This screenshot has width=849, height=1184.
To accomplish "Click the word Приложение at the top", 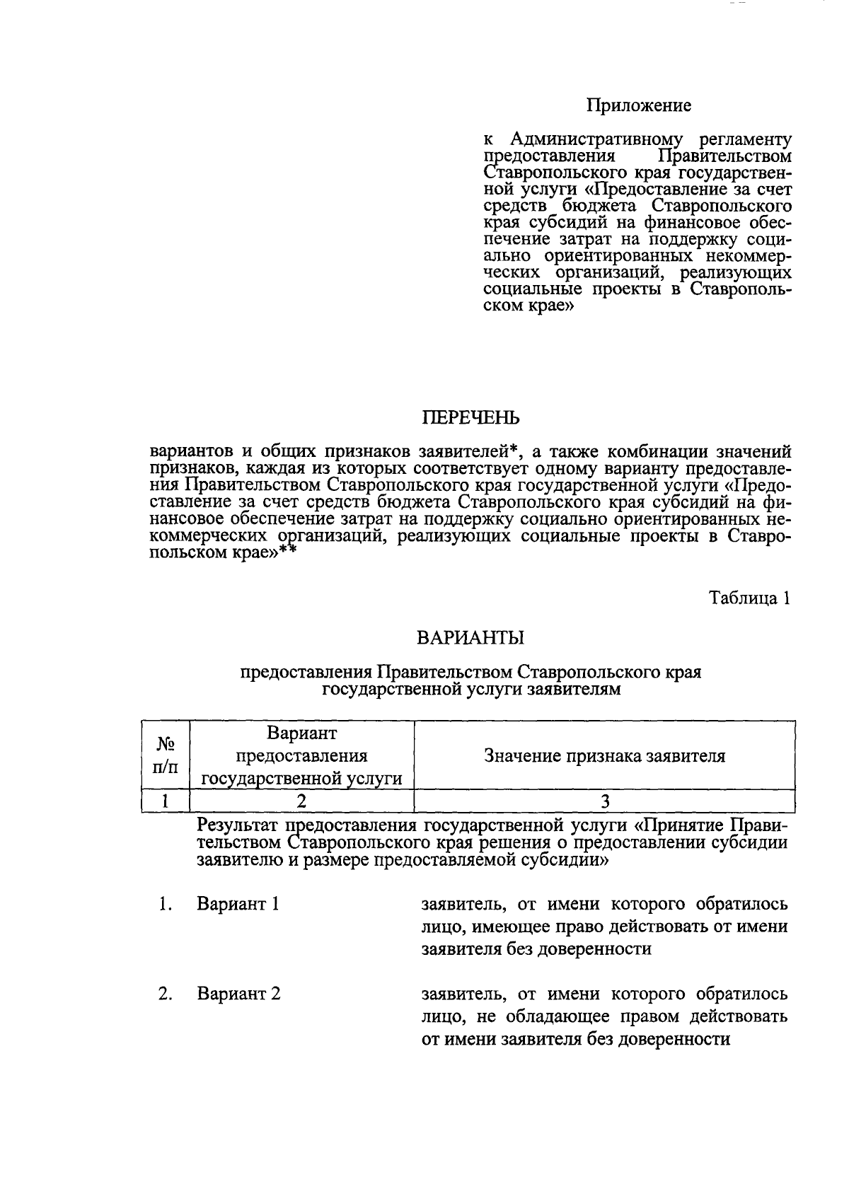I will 638,106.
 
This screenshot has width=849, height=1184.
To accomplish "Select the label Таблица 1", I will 749,598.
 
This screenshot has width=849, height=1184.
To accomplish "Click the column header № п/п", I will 166,755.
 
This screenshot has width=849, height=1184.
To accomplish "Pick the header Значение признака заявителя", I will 604,755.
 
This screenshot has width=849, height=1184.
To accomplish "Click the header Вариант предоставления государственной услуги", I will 301,755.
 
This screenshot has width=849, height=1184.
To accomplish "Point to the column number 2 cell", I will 301,801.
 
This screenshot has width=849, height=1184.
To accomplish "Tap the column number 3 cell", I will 604,801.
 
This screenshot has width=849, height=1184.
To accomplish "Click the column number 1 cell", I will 166,801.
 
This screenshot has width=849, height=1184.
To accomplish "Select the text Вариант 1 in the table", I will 238,904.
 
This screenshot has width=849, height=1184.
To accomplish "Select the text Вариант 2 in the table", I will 238,994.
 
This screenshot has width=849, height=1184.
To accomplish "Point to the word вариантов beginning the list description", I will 190,452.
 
